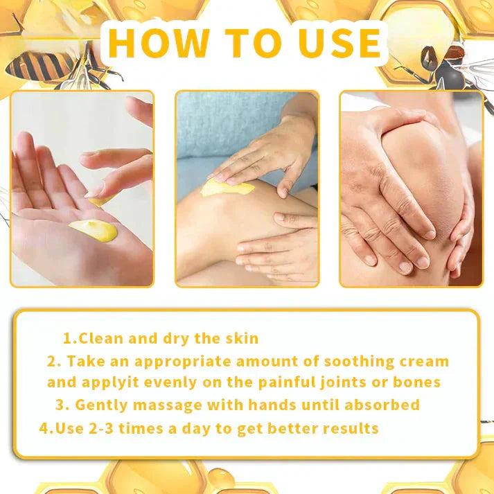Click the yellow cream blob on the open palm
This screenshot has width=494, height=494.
click(x=94, y=230)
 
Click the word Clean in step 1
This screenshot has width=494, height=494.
click(x=100, y=338)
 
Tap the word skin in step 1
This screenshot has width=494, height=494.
click(x=239, y=338)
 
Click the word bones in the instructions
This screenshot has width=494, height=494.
click(x=416, y=382)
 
